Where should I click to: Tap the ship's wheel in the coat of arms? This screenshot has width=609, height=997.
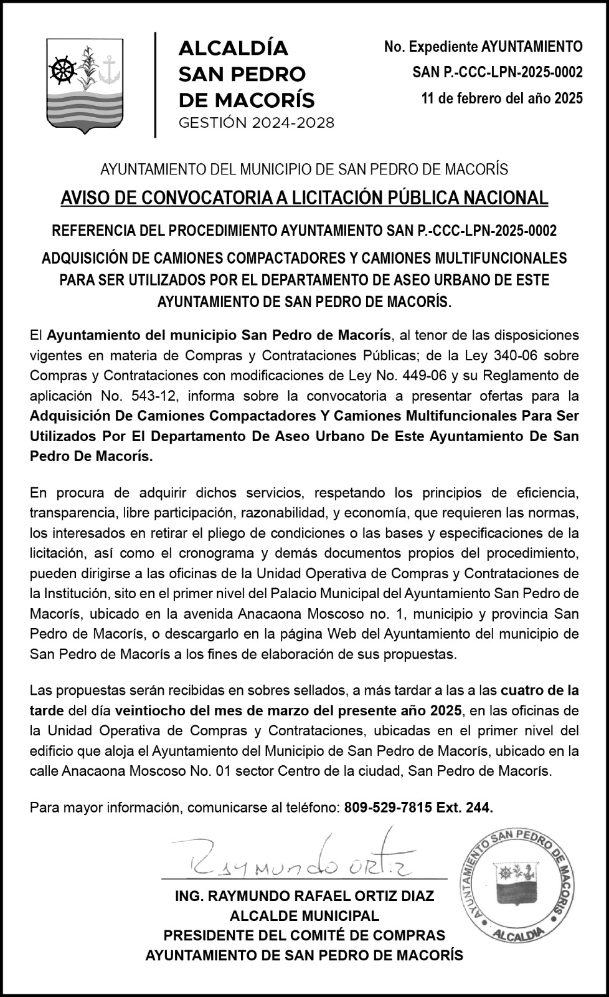pos(62,69)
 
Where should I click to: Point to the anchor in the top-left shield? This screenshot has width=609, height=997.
pos(110,67)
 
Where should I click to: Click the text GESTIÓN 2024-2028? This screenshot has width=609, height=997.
pos(256,123)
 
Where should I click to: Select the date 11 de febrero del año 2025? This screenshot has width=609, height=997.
pos(502,98)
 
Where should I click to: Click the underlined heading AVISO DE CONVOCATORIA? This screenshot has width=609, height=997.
pos(304,198)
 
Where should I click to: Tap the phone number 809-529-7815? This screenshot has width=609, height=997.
pos(387,808)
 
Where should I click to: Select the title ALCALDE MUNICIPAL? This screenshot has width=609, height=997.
pos(304,916)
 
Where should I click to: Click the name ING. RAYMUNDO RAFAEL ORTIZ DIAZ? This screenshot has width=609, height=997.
pos(304,897)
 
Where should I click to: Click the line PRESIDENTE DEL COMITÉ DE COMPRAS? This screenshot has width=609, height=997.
pos(304,935)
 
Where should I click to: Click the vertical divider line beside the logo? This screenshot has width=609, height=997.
pos(154,85)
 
